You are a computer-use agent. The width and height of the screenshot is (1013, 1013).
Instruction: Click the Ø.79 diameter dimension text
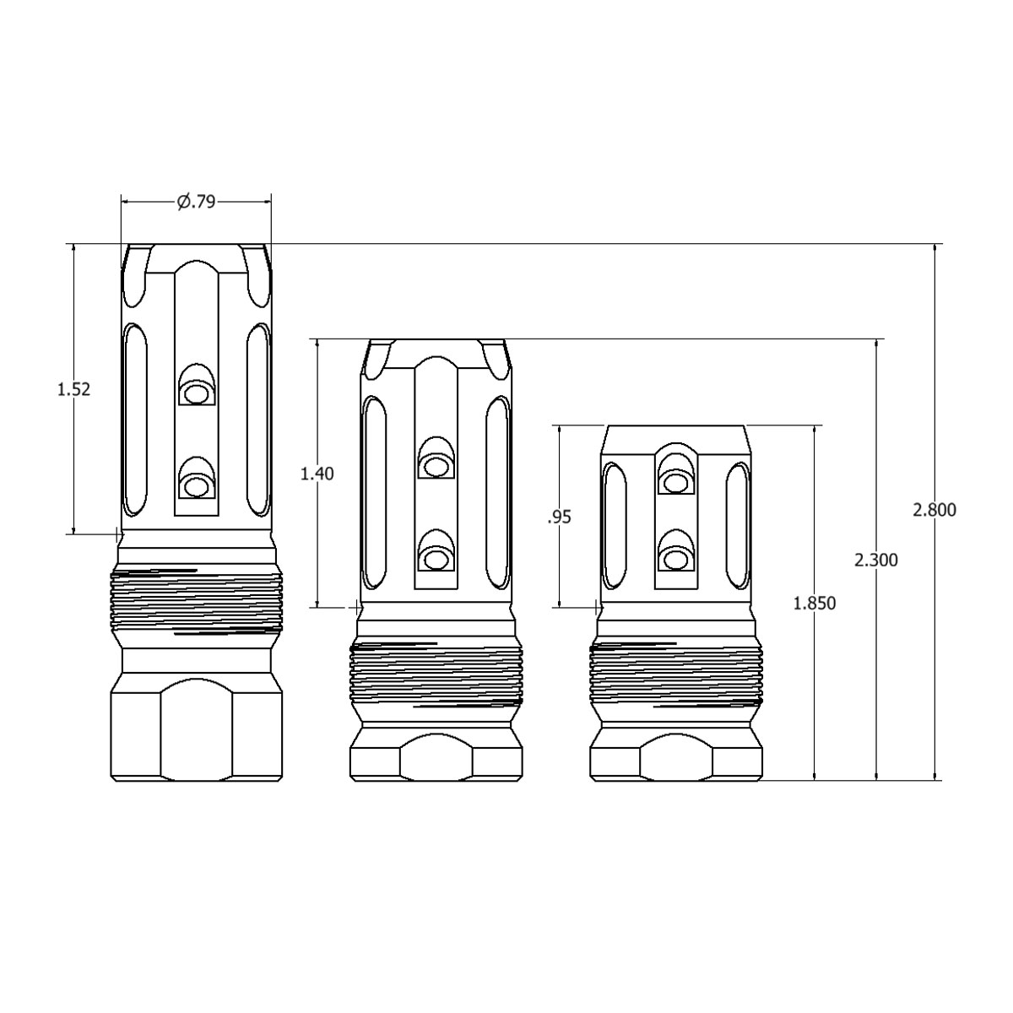click(x=196, y=202)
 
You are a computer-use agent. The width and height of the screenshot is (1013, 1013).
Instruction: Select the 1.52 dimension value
click(x=73, y=389)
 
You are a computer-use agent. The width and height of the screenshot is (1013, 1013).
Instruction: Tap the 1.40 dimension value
click(x=317, y=474)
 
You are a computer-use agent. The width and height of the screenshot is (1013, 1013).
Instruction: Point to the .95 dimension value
click(x=559, y=517)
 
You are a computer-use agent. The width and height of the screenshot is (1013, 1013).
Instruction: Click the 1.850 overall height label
click(x=815, y=603)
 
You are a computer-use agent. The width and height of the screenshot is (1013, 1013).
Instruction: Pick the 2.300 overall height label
click(x=875, y=561)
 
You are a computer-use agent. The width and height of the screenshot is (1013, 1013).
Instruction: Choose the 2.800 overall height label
click(x=934, y=510)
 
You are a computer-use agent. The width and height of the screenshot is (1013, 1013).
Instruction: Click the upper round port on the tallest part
click(x=197, y=393)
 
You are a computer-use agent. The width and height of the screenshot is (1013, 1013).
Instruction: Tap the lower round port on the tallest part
click(x=197, y=487)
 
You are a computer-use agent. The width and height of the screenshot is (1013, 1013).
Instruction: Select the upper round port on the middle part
click(x=436, y=467)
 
